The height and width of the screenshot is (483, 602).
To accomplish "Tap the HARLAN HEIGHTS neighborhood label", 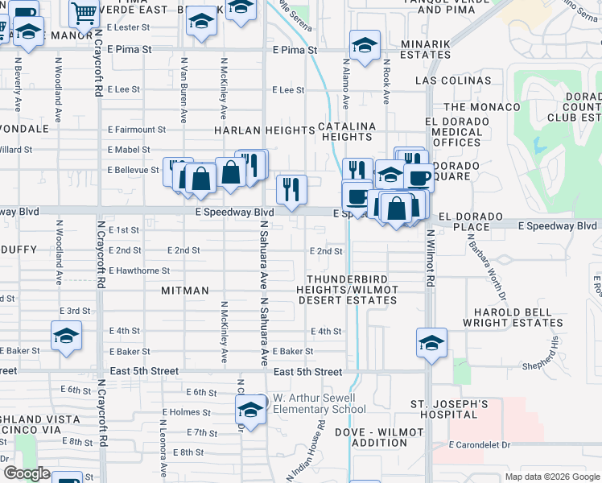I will tap(264, 130).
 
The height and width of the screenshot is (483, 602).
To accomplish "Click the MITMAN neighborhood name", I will tap(184, 290).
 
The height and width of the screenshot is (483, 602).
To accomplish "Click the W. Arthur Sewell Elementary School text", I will tap(320, 403).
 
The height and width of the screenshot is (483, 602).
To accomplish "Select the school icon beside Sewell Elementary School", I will tap(251, 410).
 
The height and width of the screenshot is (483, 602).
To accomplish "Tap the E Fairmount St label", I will tap(137, 129).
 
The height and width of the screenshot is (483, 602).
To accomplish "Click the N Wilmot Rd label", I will tap(431, 256).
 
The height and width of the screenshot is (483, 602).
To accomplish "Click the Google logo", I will tap(27, 473).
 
